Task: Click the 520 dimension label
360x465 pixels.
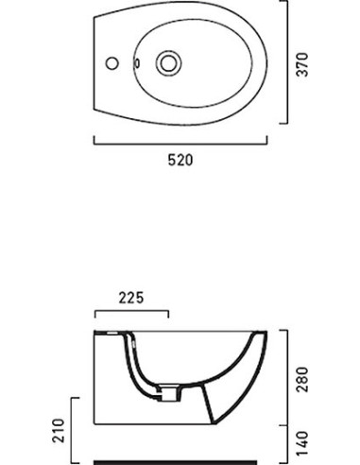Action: coord(180,160)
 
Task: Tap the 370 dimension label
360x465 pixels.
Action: coord(303,64)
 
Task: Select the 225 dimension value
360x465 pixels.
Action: coord(131,298)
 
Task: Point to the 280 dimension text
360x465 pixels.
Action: coord(303,379)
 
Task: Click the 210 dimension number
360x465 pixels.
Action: coord(59,430)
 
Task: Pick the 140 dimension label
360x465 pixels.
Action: coord(303,443)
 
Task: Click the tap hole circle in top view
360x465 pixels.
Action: coord(111,63)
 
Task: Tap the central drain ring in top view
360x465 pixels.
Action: coord(168,63)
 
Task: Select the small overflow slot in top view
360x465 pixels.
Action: coord(137,63)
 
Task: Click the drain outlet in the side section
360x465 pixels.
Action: coord(169,393)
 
